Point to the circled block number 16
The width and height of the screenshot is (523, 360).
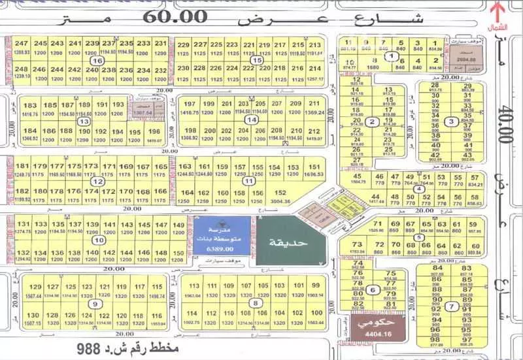[x=98, y=60]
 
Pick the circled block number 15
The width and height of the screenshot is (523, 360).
[x=260, y=60]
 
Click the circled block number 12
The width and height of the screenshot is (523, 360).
[x=97, y=182]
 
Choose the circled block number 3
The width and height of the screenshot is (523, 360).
[x=450, y=122]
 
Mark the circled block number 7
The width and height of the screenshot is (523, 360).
[x=449, y=307]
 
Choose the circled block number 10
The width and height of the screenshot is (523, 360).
[x=98, y=240]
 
